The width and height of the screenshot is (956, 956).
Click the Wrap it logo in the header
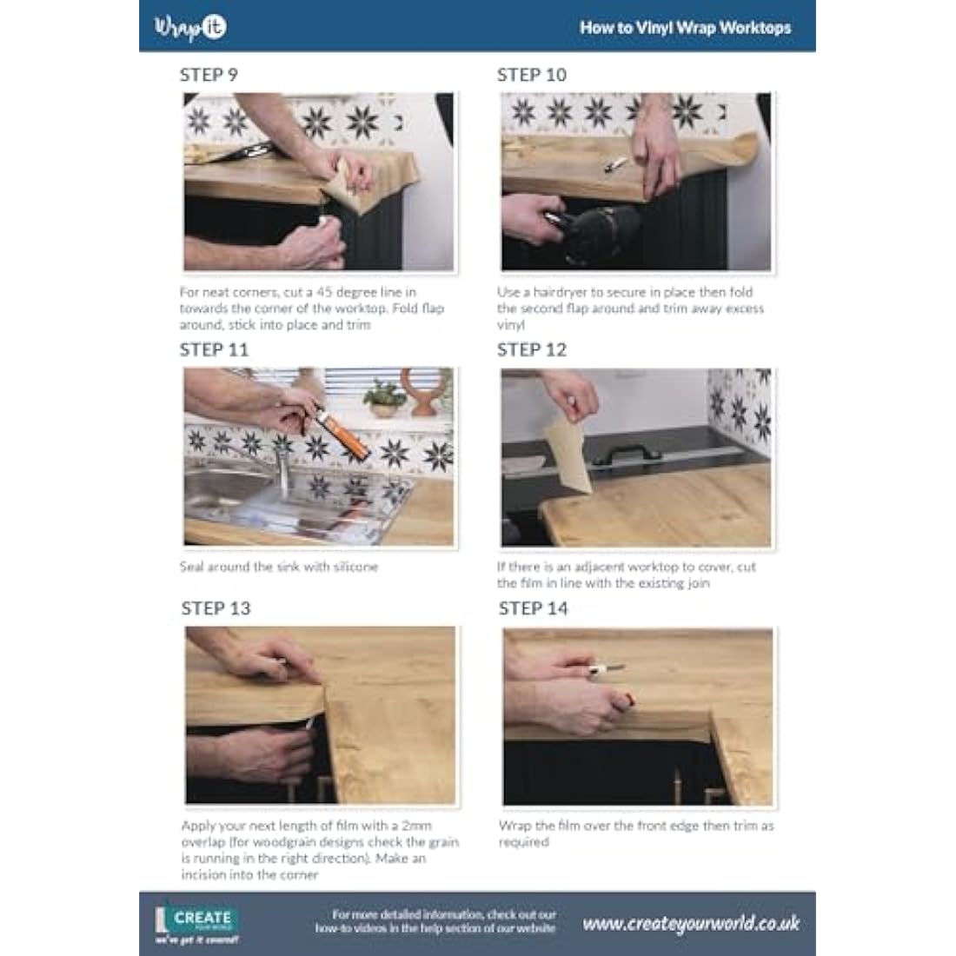click(190, 28)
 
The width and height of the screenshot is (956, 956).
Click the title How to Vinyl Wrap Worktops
click(686, 28)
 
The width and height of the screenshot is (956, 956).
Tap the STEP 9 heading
click(209, 75)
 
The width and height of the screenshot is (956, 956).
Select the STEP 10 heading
click(532, 75)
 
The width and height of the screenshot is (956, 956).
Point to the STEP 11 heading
click(214, 350)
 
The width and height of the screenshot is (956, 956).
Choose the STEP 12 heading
click(532, 350)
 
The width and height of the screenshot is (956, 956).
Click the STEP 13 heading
click(216, 608)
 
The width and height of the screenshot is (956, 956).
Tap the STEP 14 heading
click(534, 608)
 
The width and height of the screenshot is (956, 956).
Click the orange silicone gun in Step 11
click(343, 433)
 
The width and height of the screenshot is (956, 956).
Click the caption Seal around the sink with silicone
click(279, 567)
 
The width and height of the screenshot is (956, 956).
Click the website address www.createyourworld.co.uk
click(691, 924)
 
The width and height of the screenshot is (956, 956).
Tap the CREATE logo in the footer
click(197, 921)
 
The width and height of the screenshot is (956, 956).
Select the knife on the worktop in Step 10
click(614, 164)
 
